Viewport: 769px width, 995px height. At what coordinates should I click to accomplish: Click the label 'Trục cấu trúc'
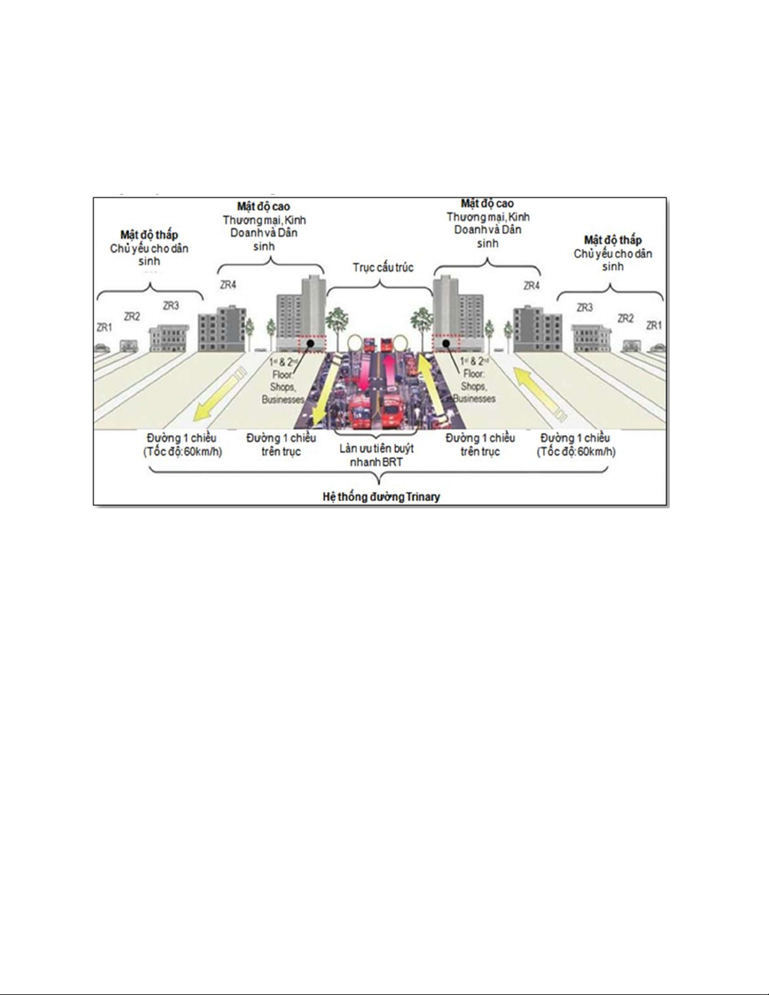(383, 267)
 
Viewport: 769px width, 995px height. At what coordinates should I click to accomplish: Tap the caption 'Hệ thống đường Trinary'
(381, 497)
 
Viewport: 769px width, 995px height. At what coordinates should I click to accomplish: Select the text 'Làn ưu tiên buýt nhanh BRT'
(376, 456)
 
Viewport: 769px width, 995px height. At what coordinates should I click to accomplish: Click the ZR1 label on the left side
(104, 327)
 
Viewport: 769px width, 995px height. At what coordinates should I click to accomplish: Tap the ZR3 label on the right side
(584, 308)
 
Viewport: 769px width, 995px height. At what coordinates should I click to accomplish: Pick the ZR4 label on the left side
(228, 285)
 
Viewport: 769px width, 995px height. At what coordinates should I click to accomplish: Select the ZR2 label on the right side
(625, 318)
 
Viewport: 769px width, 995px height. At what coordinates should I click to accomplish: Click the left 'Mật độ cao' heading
(264, 206)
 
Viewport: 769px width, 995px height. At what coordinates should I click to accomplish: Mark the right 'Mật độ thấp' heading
(613, 240)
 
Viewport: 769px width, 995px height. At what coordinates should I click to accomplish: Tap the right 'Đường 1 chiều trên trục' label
(480, 444)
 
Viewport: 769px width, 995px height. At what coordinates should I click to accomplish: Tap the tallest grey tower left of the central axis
(312, 311)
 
